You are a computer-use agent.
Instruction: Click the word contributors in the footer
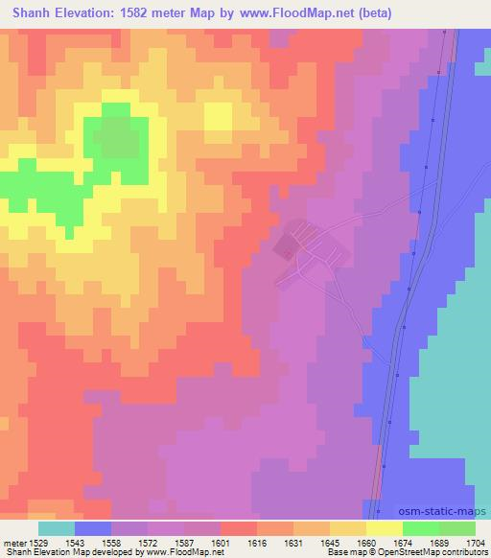pos(466,552)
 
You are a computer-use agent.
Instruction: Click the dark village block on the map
pos(286,250)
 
